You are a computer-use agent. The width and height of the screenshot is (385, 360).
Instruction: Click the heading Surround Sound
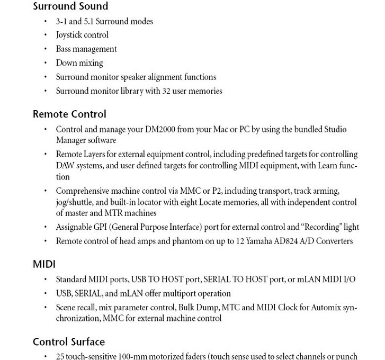tap(70, 7)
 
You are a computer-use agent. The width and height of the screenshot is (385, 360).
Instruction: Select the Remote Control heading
tap(69, 114)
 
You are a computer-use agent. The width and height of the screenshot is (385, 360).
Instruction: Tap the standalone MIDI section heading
tap(44, 264)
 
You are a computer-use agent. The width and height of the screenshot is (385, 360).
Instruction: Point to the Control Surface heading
tap(68, 342)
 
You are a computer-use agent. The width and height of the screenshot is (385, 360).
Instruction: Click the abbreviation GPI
tap(101, 227)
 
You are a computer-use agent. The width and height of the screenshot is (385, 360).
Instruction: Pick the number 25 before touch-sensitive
tap(60, 356)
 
